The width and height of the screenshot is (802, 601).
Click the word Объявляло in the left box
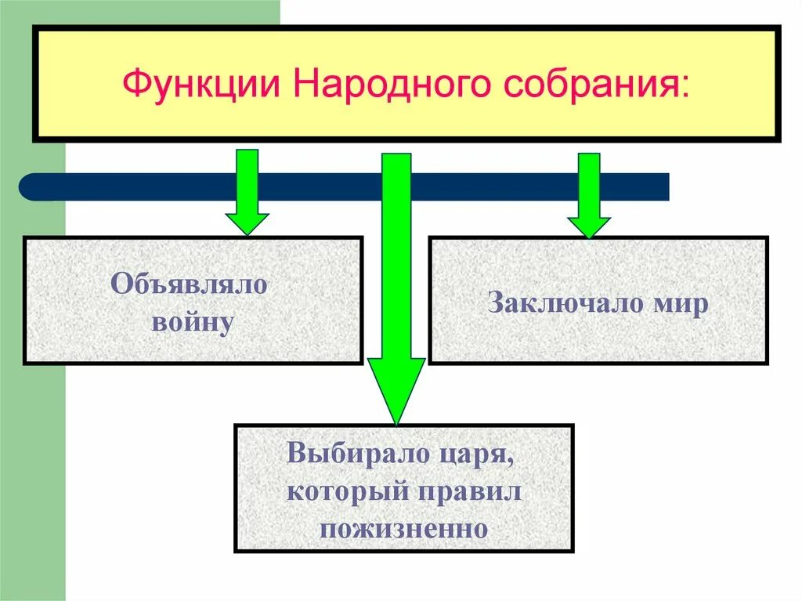click(x=190, y=284)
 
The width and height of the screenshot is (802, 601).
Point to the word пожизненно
click(x=404, y=527)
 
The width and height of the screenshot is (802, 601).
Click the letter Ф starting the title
click(x=135, y=83)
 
